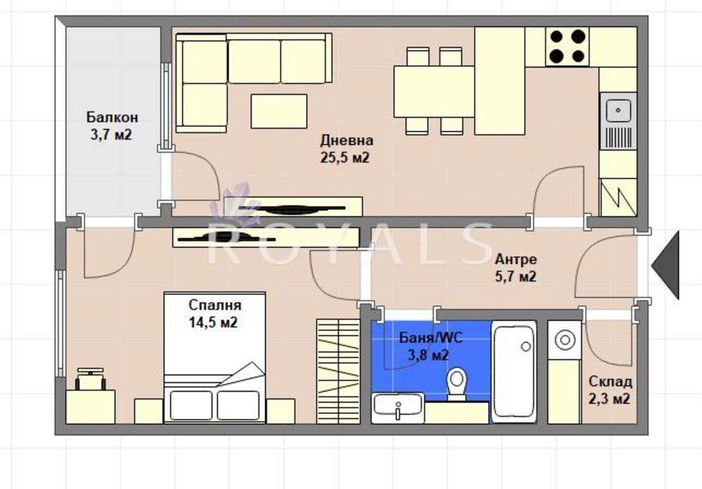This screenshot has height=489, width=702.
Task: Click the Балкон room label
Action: coord(112,118)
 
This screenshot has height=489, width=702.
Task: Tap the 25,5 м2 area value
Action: coord(345,158)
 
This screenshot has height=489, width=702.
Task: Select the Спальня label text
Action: coord(214,305)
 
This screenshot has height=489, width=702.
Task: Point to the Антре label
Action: coord(516,260)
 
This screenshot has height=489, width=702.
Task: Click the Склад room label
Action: coord(610,382)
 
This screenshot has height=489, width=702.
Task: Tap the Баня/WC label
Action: coord(430,338)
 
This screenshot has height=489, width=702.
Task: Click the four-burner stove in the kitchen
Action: coord(567,47)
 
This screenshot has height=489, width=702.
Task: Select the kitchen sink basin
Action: coord(618,111)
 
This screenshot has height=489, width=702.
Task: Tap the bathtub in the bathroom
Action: coord(514,372)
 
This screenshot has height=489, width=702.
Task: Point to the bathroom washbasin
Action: coord(398,408)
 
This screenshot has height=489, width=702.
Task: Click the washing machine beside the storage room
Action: coord(565,340)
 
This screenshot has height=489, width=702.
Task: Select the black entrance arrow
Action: coord(665,265)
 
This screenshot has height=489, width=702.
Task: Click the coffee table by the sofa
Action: coord(279,111)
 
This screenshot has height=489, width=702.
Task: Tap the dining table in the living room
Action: coord(434,91)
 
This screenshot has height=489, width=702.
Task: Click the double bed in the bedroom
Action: coord(214,358)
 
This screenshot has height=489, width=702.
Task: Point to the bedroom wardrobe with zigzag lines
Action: coord(338,371)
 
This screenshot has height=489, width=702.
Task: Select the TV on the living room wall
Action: coord(292,208)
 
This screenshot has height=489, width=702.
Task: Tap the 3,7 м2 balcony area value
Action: coord(111,135)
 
